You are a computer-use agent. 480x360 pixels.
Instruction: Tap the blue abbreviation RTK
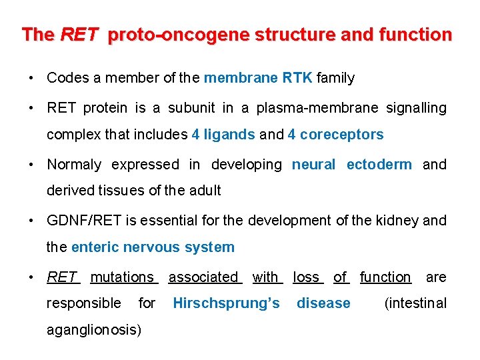(297, 78)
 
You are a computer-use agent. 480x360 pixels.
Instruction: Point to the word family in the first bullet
(336, 78)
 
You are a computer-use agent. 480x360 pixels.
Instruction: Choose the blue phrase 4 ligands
(223, 135)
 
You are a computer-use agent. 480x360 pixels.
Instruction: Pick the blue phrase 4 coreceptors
(335, 135)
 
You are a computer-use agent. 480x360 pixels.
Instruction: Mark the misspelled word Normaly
(74, 165)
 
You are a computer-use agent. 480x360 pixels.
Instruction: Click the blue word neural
(313, 165)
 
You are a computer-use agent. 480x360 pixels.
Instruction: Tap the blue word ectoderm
(379, 165)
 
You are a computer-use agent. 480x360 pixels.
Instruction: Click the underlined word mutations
(122, 277)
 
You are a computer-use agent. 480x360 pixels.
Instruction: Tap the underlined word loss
(307, 277)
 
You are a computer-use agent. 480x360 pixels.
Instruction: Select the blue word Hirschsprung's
(226, 303)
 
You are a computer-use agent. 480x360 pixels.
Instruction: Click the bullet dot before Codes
(31, 78)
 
